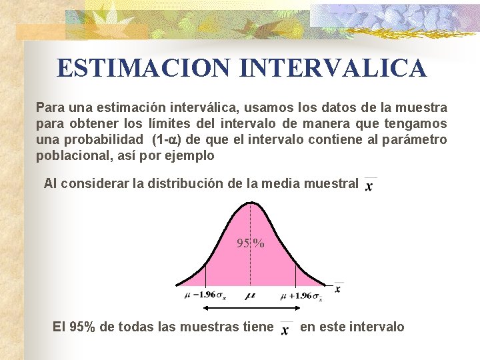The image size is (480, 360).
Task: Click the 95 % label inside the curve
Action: [x=251, y=243]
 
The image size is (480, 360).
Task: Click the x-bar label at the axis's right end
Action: [x=338, y=289]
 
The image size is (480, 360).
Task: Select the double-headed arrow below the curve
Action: [x=250, y=307]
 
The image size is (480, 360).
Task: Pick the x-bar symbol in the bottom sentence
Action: [x=286, y=329]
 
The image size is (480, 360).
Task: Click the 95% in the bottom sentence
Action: [x=83, y=327]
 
